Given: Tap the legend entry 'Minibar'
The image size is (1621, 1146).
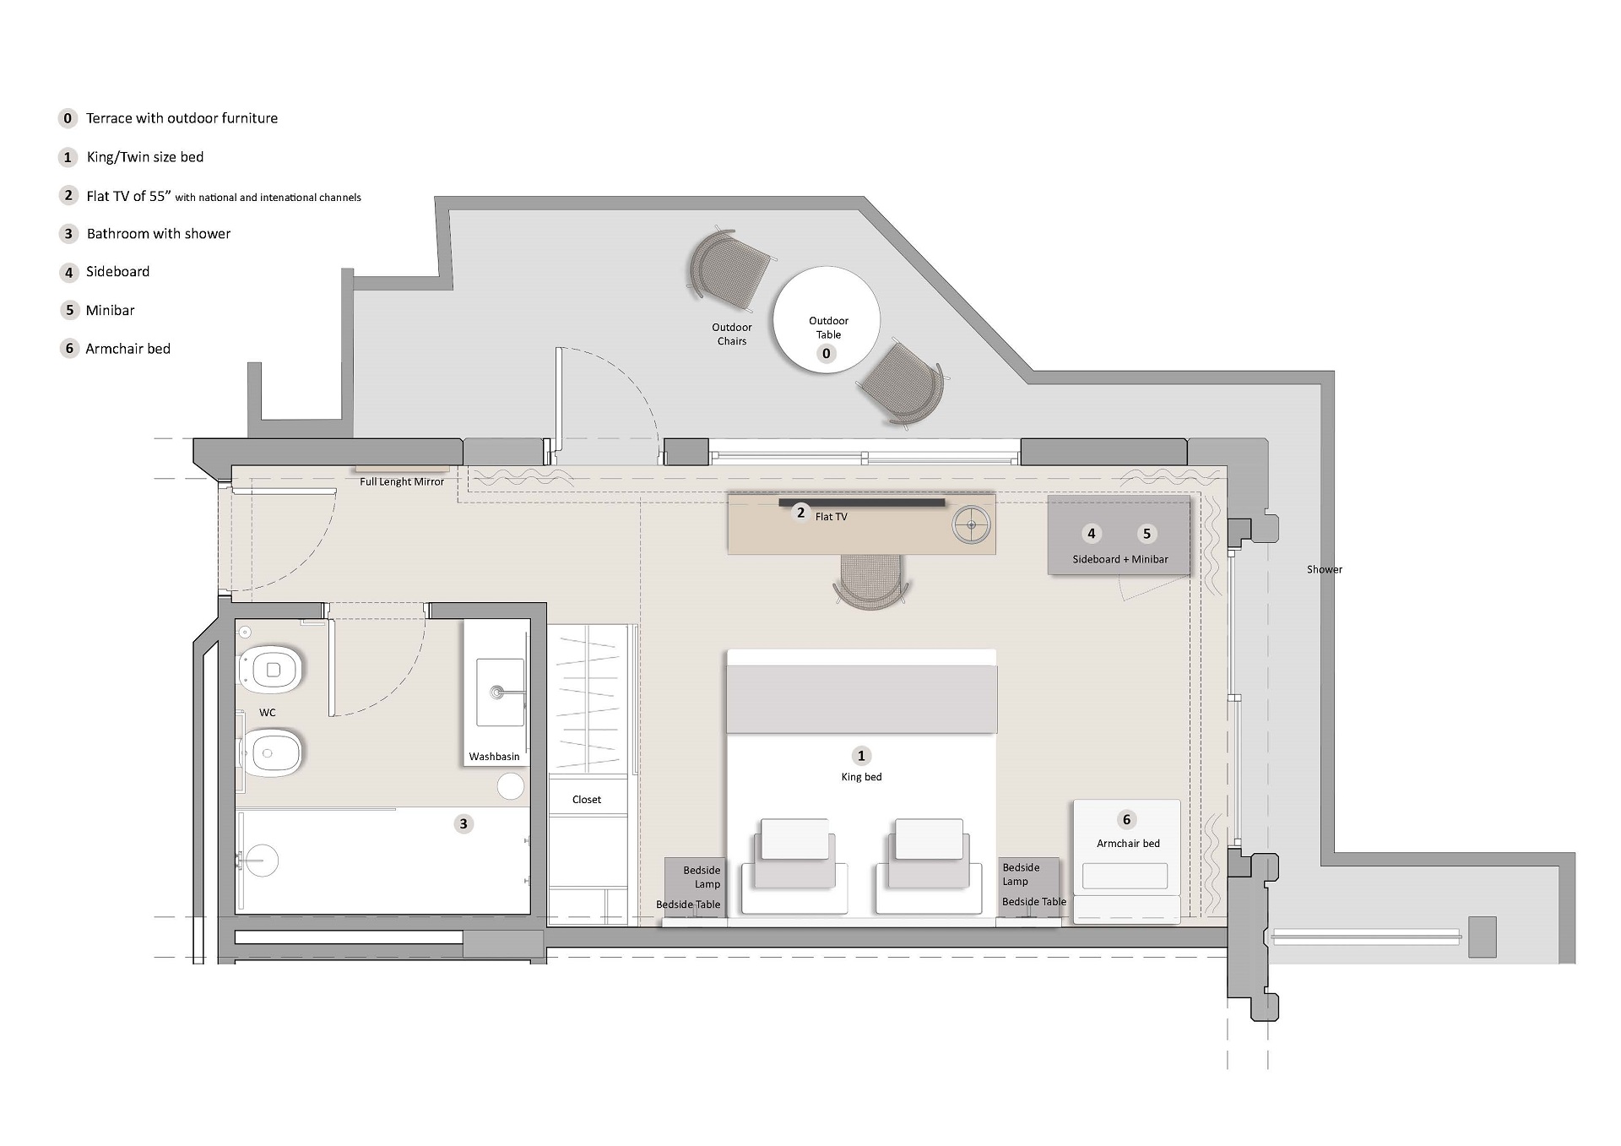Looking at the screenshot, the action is point(110,310).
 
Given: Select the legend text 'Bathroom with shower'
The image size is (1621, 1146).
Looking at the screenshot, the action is point(159,233).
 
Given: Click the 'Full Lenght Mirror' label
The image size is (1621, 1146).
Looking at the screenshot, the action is point(402,481).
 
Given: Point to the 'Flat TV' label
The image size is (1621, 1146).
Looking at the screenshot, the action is point(831,517).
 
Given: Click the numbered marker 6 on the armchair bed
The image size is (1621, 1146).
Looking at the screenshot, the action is point(1126,819).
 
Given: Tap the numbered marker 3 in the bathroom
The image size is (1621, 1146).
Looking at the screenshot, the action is point(463,823).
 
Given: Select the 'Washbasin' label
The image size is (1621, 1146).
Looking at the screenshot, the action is point(494,757).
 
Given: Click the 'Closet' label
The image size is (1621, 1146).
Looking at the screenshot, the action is point(587,800).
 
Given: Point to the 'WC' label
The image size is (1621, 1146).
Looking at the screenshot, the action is point(268,713).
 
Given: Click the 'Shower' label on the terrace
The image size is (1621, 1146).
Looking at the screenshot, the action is point(1325,569).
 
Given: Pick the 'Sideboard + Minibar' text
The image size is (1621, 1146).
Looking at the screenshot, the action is point(1120,559).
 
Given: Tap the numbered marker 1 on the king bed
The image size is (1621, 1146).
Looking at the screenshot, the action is point(861,756).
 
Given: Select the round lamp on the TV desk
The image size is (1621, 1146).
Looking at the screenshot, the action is point(971,525).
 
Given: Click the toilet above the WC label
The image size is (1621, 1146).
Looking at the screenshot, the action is point(271,670).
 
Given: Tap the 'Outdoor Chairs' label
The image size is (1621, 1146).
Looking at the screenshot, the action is point(731,334).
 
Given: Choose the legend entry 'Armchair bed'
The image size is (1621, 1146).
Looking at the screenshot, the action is point(127,349).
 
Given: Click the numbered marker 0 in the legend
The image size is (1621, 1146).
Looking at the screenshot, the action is point(68,118).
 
